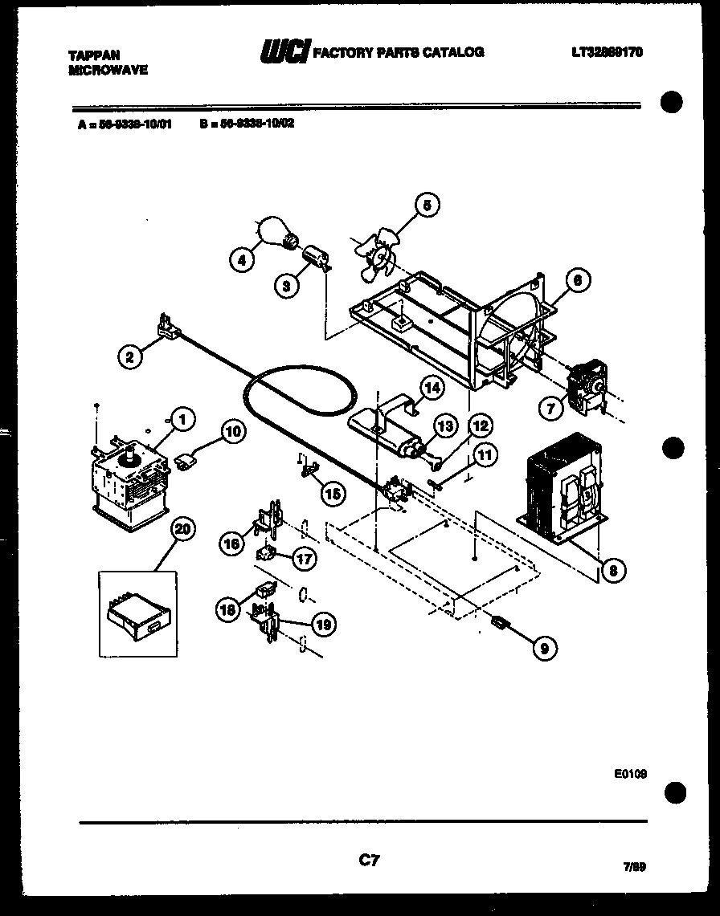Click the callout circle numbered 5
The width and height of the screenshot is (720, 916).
pos(427,206)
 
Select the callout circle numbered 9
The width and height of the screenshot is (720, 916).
pos(545,648)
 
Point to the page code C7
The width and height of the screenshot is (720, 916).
pos(368,861)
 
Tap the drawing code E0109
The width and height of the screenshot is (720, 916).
pos(630,774)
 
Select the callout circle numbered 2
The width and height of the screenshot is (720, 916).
pos(129,356)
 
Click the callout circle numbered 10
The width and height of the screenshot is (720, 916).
pos(232,432)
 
